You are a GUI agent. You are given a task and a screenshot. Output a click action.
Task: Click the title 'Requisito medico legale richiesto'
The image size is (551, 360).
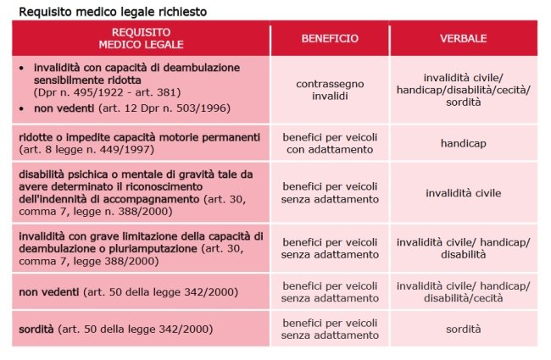pos(112,11)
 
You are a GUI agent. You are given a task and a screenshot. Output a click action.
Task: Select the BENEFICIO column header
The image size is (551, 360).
pos(330,39)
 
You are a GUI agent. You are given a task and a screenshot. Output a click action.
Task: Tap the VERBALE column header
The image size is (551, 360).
pos(463,39)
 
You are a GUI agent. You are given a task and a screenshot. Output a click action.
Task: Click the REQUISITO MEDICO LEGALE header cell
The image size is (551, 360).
pos(141,39)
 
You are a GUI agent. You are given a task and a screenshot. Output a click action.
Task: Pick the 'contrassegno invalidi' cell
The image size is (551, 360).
pos(330,91)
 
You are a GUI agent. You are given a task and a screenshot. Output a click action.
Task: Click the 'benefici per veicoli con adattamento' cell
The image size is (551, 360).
pos(330,143)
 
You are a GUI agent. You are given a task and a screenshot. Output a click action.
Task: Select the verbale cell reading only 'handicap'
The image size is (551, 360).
pos(463,143)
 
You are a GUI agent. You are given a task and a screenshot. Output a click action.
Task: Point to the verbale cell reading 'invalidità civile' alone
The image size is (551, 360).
pos(463,193)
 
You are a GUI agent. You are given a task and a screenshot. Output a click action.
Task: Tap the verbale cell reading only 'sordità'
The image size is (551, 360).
pos(463,328)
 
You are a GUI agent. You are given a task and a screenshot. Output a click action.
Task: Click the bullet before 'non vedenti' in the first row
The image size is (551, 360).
pos(22,108)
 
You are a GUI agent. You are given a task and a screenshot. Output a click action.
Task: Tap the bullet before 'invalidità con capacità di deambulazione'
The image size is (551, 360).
pos(22,66)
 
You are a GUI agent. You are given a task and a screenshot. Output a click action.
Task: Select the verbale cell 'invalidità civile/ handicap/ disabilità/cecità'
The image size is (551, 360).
pos(463,291)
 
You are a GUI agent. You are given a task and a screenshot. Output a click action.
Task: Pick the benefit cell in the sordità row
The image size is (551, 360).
pos(330,328)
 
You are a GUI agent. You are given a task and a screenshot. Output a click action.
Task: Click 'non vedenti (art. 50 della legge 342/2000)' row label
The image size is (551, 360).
pos(128,291)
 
